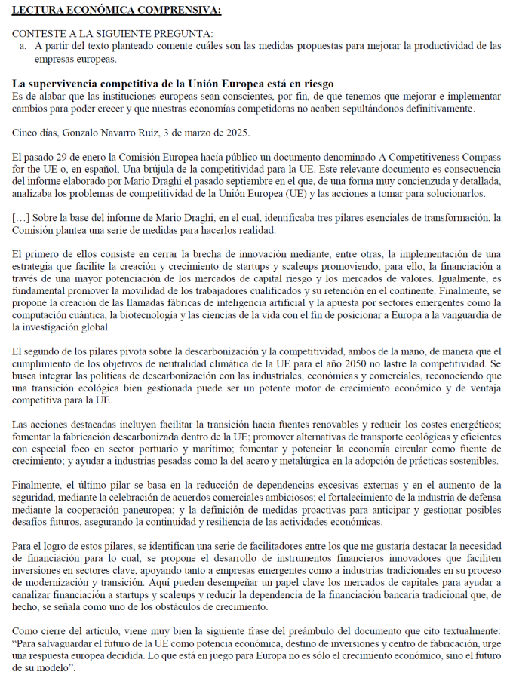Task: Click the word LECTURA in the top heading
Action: (x=37, y=10)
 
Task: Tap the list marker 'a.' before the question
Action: (x=23, y=46)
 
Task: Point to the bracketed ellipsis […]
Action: (x=20, y=218)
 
